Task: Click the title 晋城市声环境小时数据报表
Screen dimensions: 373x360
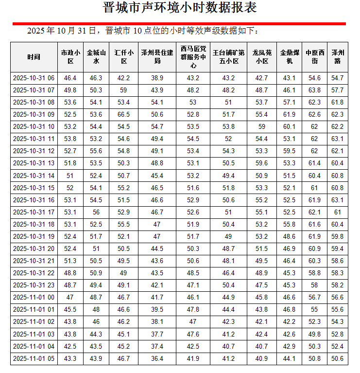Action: coord(180,8)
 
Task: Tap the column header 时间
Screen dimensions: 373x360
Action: coord(34,57)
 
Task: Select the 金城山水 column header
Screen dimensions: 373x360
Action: coord(96,57)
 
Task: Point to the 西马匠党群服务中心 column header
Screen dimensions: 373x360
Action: coord(193,57)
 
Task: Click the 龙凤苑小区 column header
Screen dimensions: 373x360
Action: coord(261,57)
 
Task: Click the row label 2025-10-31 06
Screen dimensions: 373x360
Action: coord(34,78)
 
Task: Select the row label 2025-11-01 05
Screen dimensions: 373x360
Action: coord(34,358)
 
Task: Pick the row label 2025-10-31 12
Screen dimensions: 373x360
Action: coord(34,151)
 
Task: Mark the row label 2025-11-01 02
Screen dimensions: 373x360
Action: coord(34,322)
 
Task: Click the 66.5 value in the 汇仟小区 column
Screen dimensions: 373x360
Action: coord(123,114)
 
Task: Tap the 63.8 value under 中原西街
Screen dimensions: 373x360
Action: coord(314,90)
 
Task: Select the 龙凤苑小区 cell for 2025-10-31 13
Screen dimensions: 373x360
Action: coord(261,163)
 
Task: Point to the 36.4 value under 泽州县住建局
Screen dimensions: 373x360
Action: coord(157,358)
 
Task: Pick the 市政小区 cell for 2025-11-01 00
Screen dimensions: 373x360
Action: coord(70,297)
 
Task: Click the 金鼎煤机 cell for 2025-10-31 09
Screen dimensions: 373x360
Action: coord(289,114)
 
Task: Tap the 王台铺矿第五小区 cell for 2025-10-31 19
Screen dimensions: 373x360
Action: coord(228,236)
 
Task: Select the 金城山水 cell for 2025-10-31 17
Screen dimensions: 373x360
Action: coord(96,212)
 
